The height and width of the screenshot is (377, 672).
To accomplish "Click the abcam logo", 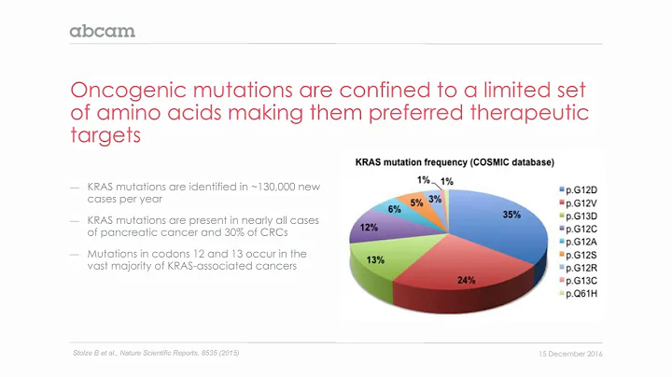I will pyautogui.click(x=103, y=31).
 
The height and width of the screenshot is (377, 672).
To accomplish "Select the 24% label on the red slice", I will pyautogui.click(x=467, y=279).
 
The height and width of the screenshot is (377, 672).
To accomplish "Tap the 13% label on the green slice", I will pyautogui.click(x=377, y=260).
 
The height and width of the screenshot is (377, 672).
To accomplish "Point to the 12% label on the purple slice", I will pyautogui.click(x=370, y=228).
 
